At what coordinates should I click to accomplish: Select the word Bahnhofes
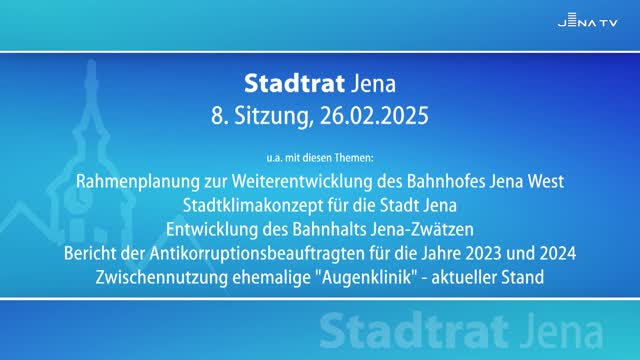point(445,181)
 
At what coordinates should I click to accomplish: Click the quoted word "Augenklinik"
point(374,276)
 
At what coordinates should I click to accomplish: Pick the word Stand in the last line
point(522,276)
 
